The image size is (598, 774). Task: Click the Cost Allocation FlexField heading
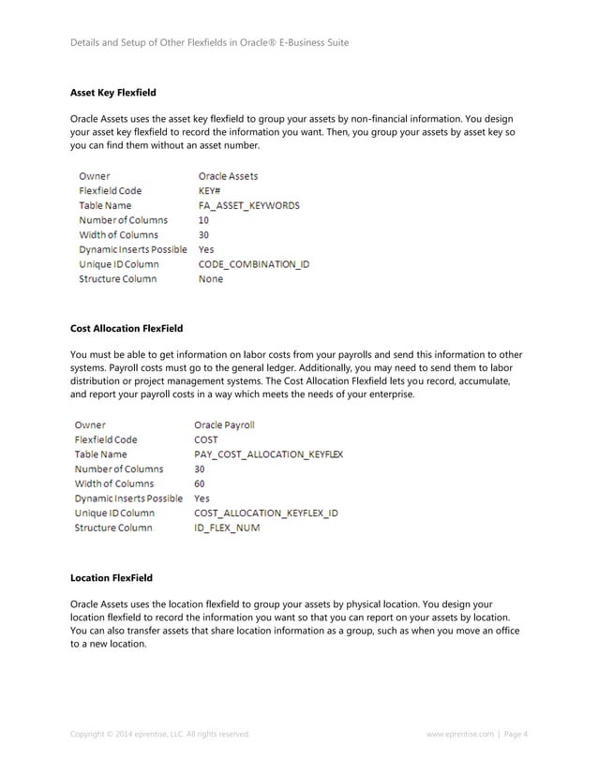pos(127,328)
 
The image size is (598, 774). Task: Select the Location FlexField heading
pos(112,577)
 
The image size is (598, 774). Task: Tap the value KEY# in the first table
pos(209,190)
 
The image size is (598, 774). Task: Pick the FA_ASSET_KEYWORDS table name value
pos(248,205)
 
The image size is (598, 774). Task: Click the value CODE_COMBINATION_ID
pos(253,264)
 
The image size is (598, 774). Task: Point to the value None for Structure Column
pos(211,279)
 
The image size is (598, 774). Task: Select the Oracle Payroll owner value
pos(224,424)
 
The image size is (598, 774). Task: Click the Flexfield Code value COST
pos(206,439)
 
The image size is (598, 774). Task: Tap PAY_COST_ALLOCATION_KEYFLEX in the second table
pos(268,454)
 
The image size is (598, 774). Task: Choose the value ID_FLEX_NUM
pos(227,528)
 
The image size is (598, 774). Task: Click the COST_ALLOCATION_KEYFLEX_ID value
pos(265,514)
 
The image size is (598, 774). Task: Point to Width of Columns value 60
pos(200,484)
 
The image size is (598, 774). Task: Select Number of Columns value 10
pos(203,220)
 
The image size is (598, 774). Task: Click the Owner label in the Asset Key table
pos(94,175)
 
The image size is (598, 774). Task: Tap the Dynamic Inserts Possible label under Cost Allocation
pos(128,499)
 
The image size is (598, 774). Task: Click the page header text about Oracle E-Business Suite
pos(210,42)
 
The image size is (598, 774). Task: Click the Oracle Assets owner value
pos(228,175)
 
